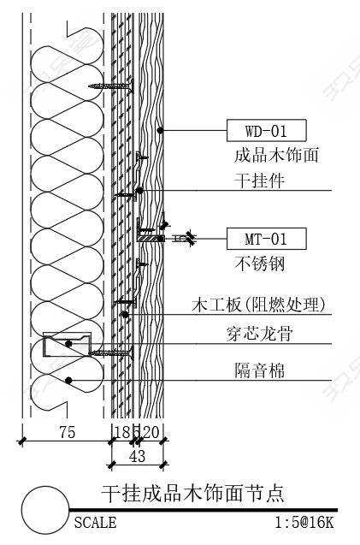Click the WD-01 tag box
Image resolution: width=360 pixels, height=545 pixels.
point(267,130)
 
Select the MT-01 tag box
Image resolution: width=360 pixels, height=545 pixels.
point(267,239)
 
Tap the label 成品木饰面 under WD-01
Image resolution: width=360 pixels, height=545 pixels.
point(276,155)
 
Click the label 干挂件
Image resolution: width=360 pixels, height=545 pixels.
point(260,181)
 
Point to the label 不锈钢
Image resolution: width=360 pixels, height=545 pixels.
point(260,264)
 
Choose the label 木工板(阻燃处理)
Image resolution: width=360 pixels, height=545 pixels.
point(259,305)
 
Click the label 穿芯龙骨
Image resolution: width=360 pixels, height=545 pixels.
point(260,334)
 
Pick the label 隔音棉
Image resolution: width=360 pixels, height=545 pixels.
point(260,370)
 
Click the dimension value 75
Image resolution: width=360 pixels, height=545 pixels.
point(67,432)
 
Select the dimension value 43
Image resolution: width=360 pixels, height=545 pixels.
point(138,456)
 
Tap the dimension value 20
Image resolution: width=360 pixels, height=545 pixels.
point(150,432)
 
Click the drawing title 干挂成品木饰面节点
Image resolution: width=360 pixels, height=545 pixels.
point(193,493)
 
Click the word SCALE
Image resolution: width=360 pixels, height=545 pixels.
point(96,523)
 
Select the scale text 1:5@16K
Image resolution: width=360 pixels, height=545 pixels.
point(304,523)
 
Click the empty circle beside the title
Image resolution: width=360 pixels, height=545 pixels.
point(45,510)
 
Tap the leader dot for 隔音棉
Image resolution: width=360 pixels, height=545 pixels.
point(68,381)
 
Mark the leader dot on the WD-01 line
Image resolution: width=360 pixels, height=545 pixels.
point(160,130)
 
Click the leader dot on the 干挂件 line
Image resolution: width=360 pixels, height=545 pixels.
point(139,191)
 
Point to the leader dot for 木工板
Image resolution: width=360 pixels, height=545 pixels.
point(125,315)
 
